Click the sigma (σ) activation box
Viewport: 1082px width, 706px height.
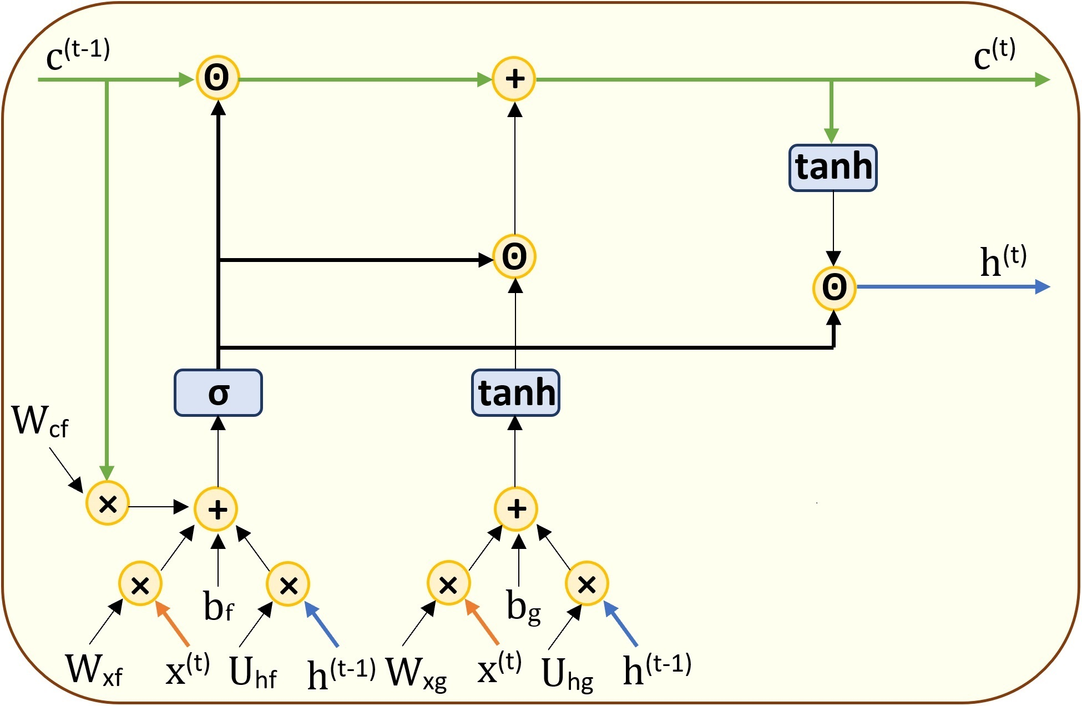click(218, 392)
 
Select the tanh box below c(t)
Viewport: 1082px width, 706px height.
click(833, 168)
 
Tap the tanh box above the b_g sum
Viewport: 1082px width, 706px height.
click(515, 392)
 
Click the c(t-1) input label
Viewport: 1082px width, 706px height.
click(78, 56)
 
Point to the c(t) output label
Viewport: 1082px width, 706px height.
click(994, 56)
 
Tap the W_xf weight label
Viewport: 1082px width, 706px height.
click(93, 669)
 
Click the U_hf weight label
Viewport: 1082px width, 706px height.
click(252, 673)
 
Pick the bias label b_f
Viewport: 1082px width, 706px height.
click(219, 606)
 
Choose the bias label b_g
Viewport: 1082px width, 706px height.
click(523, 606)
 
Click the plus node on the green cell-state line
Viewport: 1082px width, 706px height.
click(514, 78)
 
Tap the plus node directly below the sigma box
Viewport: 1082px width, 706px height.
click(216, 509)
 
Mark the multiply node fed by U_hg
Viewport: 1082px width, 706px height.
click(586, 584)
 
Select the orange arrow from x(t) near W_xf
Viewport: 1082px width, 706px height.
click(173, 624)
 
